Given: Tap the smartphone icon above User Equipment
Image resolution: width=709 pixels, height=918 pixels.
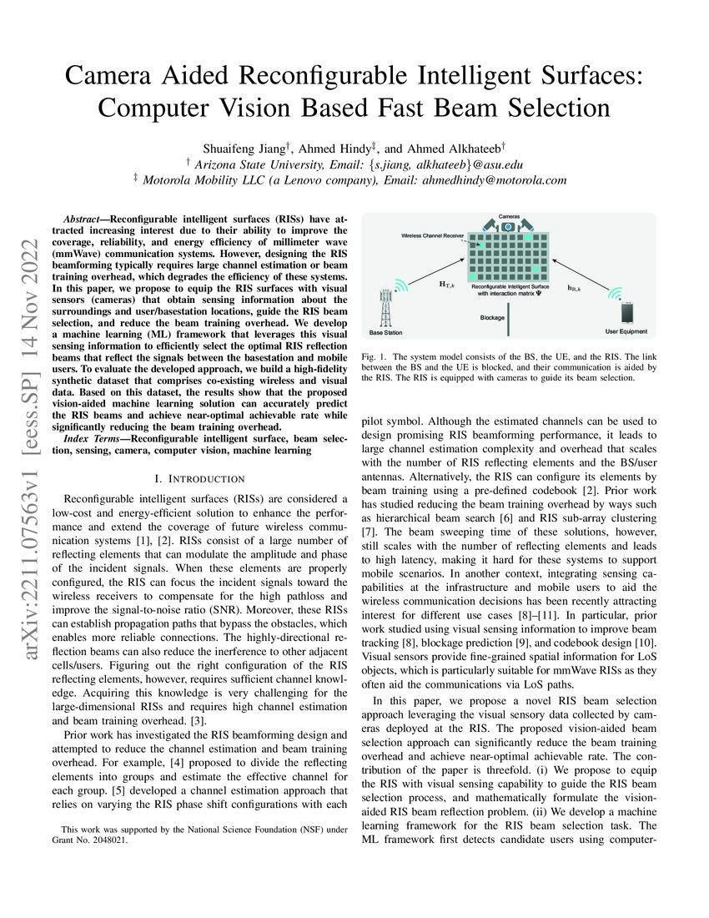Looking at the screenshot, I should pos(626,314).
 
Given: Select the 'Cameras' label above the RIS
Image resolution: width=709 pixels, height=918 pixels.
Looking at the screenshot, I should pos(508,215).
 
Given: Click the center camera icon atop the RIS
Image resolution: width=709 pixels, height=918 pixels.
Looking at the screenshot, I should pos(508,227).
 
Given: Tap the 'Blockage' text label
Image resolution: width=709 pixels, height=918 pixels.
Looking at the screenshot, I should pos(493,318).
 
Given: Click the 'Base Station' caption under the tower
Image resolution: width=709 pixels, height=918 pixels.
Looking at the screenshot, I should pos(386,332).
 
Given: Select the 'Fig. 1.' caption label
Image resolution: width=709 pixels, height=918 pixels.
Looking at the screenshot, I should pos(375,356).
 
